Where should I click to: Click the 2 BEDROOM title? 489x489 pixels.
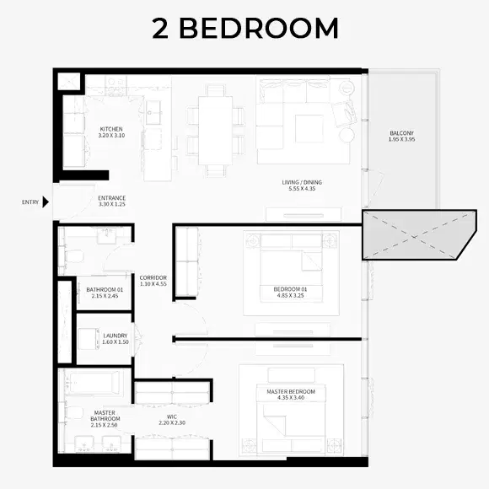click(x=244, y=28)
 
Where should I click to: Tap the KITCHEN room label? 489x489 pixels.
click(x=111, y=129)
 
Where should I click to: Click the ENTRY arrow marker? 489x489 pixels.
click(x=46, y=202)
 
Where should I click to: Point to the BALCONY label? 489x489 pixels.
click(x=401, y=133)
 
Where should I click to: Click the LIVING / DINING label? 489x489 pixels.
click(x=301, y=182)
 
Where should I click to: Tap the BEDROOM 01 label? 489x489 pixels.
click(x=289, y=289)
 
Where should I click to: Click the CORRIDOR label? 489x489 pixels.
click(x=153, y=277)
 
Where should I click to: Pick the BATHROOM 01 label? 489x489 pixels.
click(x=105, y=289)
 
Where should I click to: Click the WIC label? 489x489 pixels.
click(x=171, y=416)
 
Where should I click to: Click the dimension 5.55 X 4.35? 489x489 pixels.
click(x=301, y=190)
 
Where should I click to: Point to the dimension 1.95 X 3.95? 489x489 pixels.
click(x=401, y=141)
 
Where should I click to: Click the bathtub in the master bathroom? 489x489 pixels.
click(x=95, y=384)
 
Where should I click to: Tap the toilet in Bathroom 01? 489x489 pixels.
click(x=72, y=255)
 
